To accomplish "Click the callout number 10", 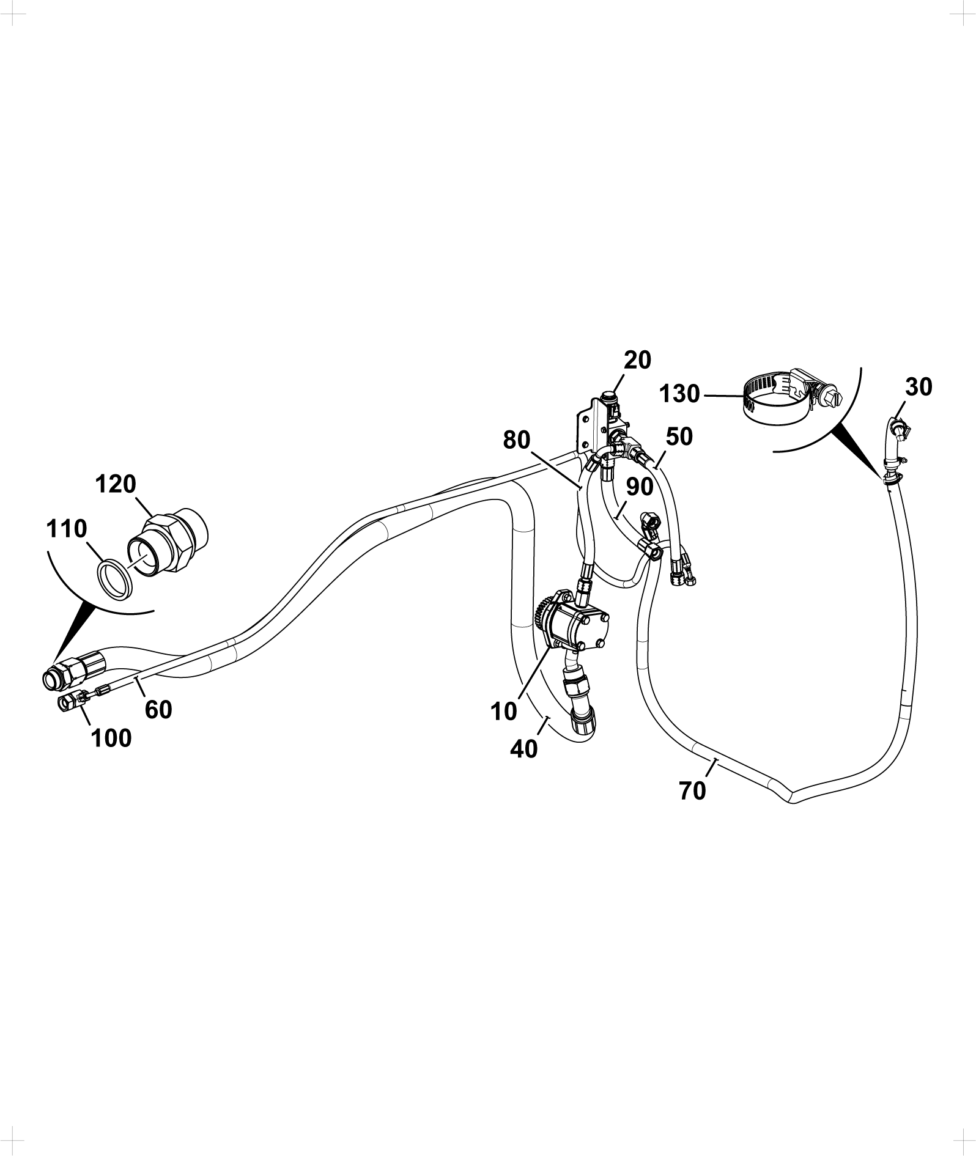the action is pos(503,711).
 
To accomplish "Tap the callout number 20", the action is pos(638,360).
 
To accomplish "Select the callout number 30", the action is pos(919,387).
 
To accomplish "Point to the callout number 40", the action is pos(523,748).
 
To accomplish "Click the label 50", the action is pos(679,436).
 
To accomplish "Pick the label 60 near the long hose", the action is pos(158,710).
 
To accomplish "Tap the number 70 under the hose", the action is pos(692,791).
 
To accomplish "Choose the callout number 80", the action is pos(517,440).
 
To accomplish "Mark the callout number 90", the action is pos(640,487).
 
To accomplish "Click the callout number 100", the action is pos(111,738).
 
